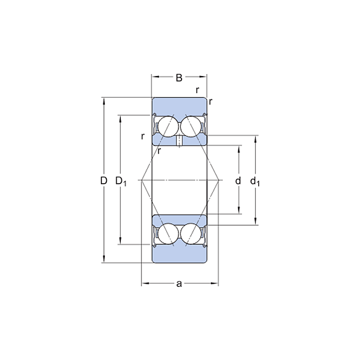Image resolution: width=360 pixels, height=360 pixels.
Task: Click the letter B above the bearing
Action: pyautogui.click(x=179, y=78)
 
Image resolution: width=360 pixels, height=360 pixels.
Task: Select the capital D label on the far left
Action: pyautogui.click(x=103, y=181)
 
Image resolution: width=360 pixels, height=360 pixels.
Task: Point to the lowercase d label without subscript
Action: pyautogui.click(x=238, y=181)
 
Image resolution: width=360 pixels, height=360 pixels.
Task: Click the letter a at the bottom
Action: pyautogui.click(x=179, y=283)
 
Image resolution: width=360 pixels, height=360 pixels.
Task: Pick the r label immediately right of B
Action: pyautogui.click(x=197, y=89)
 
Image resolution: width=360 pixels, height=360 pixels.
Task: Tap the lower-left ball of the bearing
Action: pyautogui.click(x=168, y=233)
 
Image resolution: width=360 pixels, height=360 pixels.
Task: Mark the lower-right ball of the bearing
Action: pyautogui.click(x=191, y=233)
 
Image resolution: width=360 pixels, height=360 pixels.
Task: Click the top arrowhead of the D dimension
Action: pyautogui.click(x=104, y=100)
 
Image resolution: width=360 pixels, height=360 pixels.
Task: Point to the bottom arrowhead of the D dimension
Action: pyautogui.click(x=104, y=260)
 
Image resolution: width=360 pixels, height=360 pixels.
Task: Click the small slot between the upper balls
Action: pyautogui.click(x=179, y=141)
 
